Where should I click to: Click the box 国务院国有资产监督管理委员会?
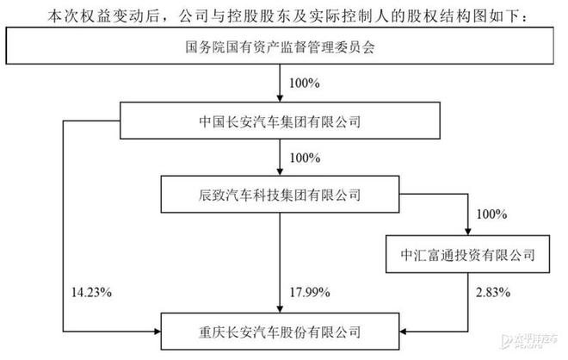[x=280, y=46]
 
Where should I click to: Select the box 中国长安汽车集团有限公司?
[x=280, y=121]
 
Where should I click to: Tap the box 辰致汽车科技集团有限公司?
[x=280, y=195]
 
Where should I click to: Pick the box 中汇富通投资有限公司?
[x=467, y=254]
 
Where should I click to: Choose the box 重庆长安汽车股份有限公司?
[x=280, y=332]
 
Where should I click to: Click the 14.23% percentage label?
[x=91, y=292]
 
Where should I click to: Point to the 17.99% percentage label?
[x=310, y=292]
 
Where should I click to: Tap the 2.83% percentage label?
[x=493, y=292]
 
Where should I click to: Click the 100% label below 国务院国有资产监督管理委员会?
[x=305, y=84]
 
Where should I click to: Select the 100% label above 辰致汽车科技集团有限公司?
[x=305, y=158]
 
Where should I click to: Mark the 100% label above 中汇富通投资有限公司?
[x=491, y=214]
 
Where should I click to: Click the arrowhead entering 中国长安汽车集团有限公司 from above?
[x=280, y=98]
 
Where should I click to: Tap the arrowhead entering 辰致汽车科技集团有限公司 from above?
[x=280, y=172]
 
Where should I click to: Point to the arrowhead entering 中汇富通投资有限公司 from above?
[x=467, y=232]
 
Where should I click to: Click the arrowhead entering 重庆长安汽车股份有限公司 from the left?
[x=157, y=332]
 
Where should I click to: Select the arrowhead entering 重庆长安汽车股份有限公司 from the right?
[x=404, y=332]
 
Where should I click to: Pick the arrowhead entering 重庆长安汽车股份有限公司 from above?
[x=280, y=309]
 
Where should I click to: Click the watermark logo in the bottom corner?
[x=529, y=341]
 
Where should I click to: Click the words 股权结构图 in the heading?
[x=447, y=16]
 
